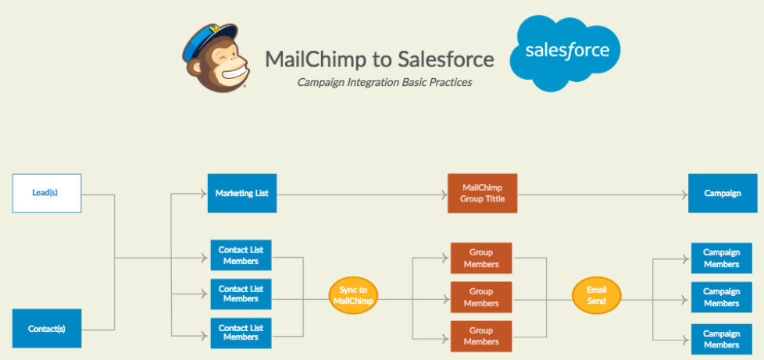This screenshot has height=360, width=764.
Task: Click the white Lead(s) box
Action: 47,193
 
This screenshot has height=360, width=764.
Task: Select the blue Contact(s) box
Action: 47,329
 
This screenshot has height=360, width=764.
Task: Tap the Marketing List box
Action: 241,193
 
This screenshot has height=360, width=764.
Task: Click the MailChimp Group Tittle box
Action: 482,193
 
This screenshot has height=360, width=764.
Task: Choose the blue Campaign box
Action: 722,193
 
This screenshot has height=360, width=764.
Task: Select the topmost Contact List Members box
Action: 241,255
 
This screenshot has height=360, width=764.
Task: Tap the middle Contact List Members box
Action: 241,294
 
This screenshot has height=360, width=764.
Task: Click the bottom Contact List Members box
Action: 241,333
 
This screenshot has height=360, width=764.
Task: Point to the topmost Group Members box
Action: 481,258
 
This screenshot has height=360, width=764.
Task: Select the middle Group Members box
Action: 481,298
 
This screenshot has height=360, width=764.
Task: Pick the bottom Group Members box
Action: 481,336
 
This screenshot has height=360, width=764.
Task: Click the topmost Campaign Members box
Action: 721,258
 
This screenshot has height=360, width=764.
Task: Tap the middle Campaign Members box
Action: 721,298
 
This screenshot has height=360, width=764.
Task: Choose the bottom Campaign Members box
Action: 721,339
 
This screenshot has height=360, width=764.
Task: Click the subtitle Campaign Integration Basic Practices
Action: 384,82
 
